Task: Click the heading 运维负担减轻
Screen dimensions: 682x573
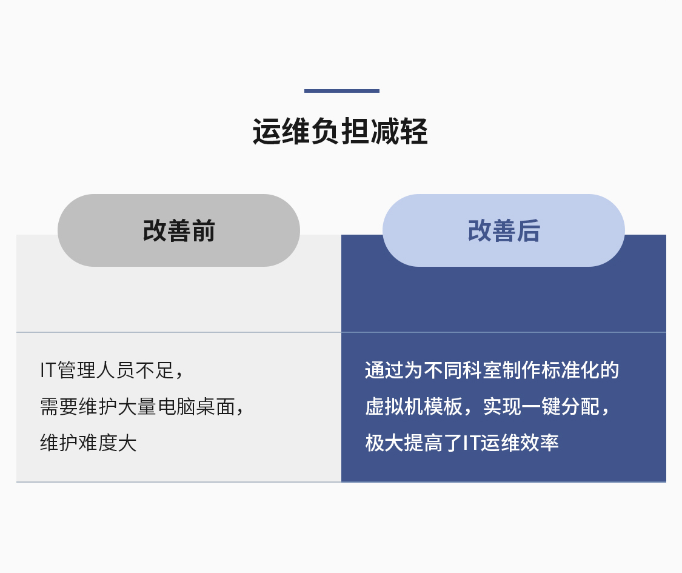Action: pos(341,131)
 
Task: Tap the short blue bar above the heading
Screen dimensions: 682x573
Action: pos(341,91)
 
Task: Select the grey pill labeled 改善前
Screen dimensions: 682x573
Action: pos(179,230)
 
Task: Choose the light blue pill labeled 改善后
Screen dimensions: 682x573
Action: pos(504,230)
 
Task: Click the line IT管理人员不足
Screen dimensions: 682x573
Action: pos(112,370)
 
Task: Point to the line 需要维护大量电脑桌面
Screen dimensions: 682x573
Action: pos(142,407)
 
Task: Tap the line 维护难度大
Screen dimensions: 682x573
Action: pos(89,443)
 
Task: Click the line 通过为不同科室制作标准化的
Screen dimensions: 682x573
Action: pos(492,370)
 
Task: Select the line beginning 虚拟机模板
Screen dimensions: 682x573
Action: pos(487,407)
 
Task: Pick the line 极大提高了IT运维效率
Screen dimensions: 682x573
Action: pos(462,443)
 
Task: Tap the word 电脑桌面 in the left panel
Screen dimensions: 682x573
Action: pos(196,407)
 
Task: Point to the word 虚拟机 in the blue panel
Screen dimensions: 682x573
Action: pos(394,407)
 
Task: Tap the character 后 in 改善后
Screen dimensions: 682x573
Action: pos(529,230)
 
